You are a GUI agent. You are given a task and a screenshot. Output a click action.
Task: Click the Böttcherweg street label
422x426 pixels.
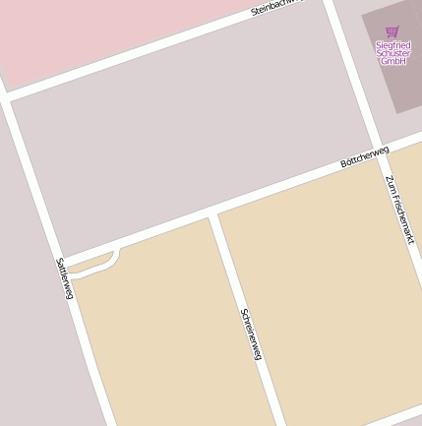tap(364, 156)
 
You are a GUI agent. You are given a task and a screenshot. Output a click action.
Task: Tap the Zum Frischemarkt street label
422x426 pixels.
tap(399, 209)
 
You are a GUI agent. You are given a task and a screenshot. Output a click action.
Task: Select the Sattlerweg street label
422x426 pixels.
tap(64, 278)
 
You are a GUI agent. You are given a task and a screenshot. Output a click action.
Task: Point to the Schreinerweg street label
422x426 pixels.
tap(251, 334)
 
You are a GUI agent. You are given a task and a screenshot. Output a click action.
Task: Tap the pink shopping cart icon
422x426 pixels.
tap(392, 32)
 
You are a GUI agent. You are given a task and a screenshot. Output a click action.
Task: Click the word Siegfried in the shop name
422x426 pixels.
tap(393, 45)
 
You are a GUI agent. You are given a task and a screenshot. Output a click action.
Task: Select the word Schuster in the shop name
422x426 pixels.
tap(393, 53)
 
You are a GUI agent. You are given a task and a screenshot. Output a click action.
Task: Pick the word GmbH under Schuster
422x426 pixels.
tap(393, 61)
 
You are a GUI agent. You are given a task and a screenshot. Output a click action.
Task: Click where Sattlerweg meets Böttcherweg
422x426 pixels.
tap(61, 258)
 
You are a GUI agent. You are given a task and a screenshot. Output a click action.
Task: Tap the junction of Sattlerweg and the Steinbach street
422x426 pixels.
tap(7, 96)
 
